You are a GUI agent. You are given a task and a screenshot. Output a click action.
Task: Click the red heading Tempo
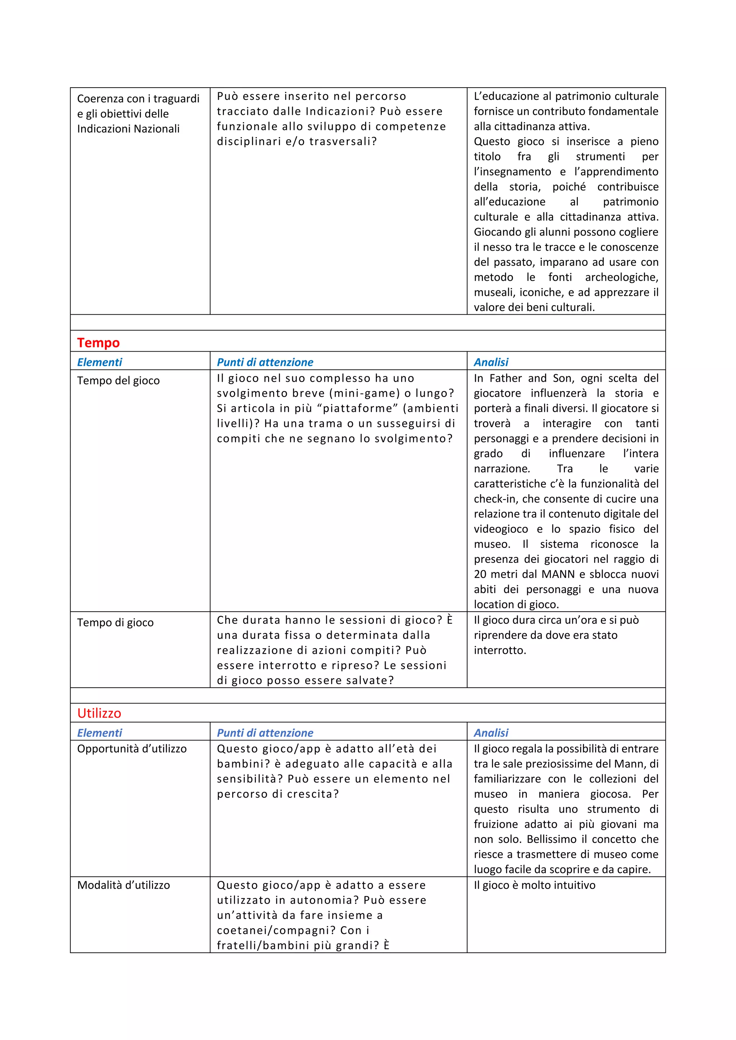[98, 343]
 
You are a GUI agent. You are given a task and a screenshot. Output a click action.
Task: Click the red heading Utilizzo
[99, 714]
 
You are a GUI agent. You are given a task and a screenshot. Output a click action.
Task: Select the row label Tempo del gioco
[118, 381]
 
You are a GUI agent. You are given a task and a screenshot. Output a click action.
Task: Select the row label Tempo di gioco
[115, 623]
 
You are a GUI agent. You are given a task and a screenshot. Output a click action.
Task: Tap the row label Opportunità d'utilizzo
[132, 749]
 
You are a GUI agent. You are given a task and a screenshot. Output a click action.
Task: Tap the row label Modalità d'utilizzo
[123, 885]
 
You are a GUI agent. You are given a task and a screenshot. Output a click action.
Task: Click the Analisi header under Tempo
[491, 362]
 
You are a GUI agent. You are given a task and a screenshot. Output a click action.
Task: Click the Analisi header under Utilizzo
[491, 733]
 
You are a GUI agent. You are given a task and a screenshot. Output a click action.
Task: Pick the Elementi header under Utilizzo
[99, 733]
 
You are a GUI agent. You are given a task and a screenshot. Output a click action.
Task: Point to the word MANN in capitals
[558, 574]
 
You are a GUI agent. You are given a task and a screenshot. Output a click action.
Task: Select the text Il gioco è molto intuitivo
[534, 885]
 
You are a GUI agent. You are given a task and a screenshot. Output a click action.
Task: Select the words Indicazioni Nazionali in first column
[128, 129]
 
